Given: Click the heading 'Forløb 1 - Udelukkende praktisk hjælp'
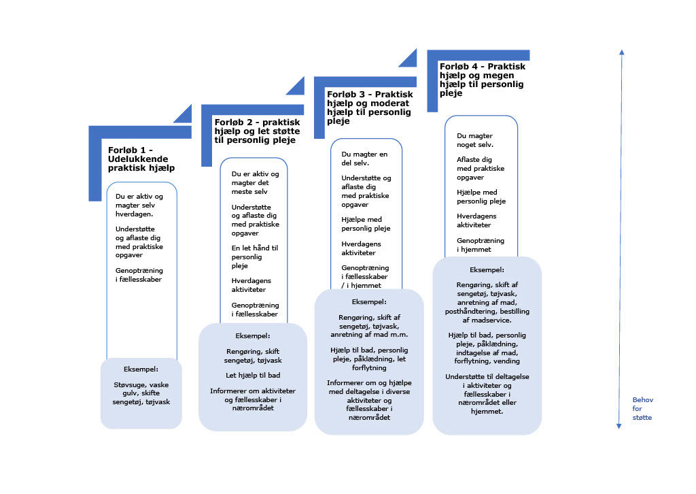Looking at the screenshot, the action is click(141, 159).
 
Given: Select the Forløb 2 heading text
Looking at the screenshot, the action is click(258, 131).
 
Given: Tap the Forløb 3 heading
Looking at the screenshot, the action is click(370, 108).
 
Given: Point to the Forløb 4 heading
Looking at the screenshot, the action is click(483, 80).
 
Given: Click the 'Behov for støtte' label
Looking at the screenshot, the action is click(642, 409).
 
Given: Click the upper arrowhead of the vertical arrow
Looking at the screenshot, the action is click(622, 52).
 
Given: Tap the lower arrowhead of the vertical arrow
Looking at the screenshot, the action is click(619, 427).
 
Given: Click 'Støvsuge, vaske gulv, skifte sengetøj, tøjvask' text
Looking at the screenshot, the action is click(141, 393).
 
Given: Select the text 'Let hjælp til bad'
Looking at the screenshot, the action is click(253, 376).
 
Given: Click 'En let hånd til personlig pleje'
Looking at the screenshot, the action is click(255, 257).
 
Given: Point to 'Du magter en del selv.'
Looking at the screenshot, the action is click(364, 159).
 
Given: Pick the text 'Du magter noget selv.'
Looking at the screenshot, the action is click(475, 140).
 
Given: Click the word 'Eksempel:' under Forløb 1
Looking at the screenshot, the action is click(141, 369).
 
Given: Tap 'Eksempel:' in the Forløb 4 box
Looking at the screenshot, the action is click(487, 269).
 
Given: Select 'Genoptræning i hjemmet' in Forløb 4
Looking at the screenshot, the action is click(481, 245).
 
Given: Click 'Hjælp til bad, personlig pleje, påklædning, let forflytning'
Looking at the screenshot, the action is click(369, 359).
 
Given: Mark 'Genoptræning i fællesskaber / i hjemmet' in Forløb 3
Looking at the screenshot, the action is click(365, 276).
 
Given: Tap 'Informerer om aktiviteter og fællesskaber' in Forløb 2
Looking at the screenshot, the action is click(253, 399).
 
